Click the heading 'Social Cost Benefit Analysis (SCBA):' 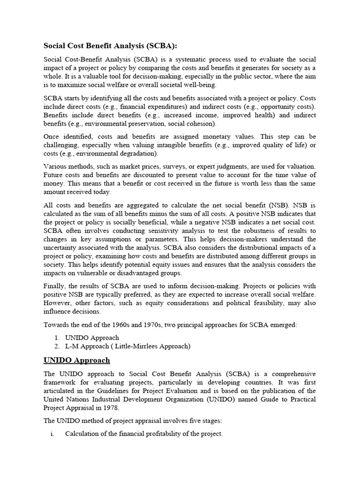(111, 45)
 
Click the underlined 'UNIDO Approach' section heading (77, 360)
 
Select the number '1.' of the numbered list (56, 337)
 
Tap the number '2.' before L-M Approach (56, 346)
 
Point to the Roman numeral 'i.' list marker (52, 434)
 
